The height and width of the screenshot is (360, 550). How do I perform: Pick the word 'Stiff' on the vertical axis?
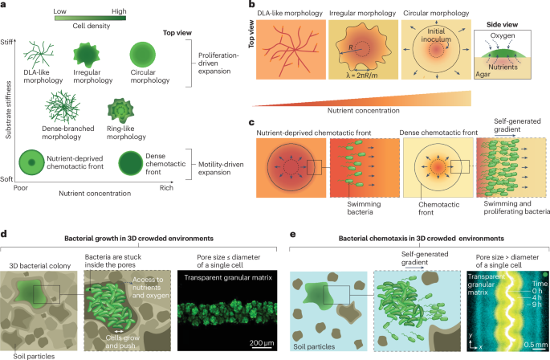click(10, 41)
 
